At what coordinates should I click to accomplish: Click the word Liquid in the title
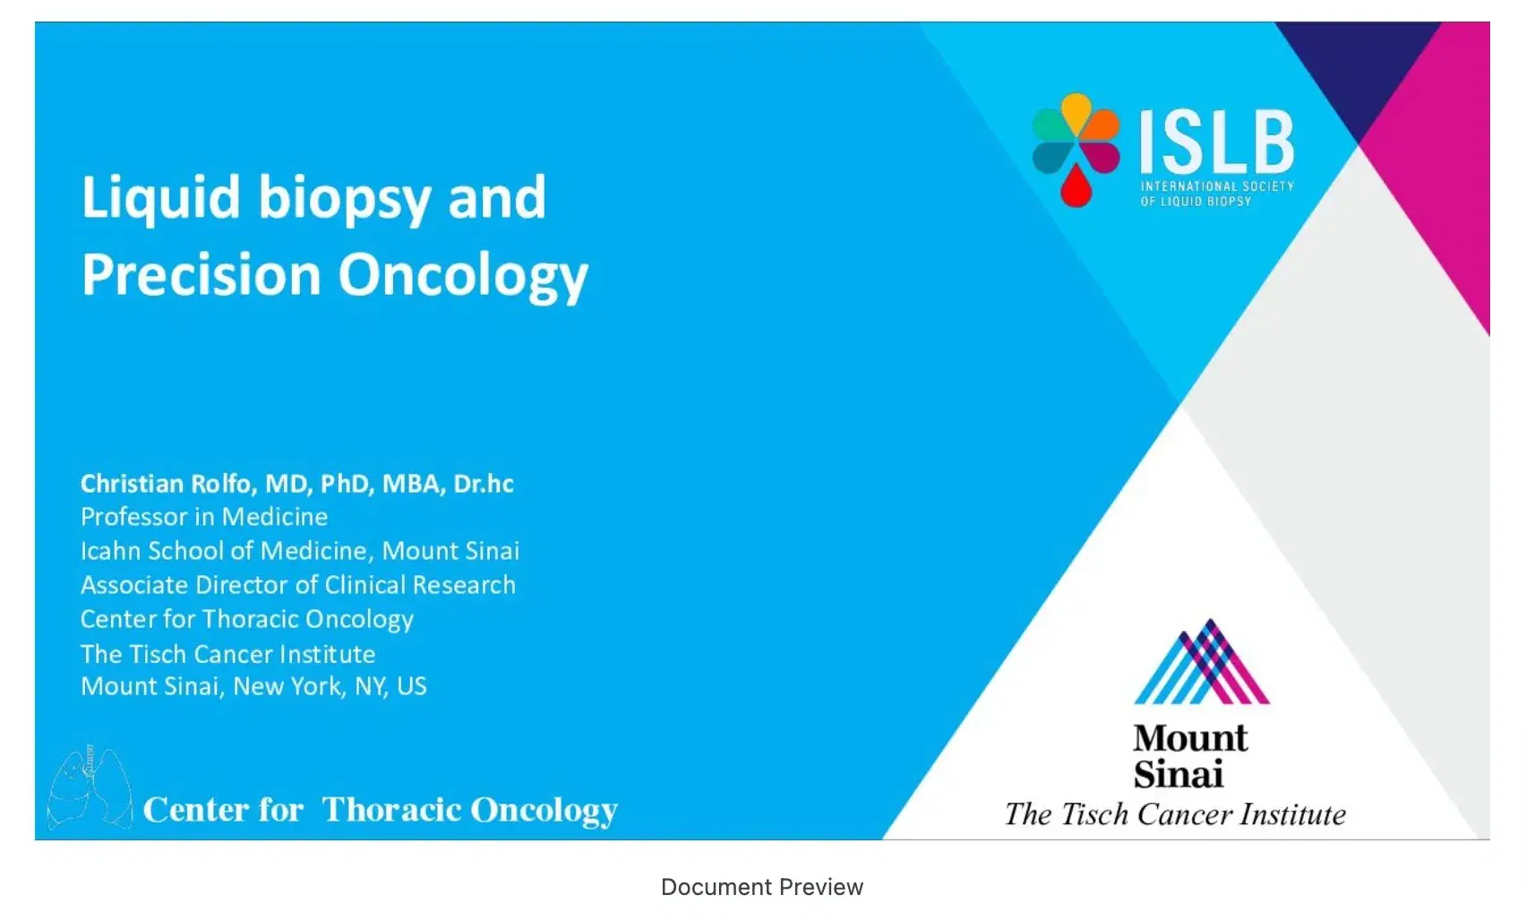tap(161, 198)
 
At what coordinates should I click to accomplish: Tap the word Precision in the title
tap(201, 274)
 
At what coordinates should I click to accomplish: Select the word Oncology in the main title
tap(463, 276)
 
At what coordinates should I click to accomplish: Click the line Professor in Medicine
tap(204, 517)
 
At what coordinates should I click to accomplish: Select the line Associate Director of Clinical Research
tap(298, 585)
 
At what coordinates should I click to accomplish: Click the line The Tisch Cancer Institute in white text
tap(227, 654)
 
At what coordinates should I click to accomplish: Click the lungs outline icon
tap(89, 788)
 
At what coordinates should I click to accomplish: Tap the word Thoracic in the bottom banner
tap(390, 810)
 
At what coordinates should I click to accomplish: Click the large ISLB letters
tap(1217, 142)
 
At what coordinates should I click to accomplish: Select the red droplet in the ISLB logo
tap(1076, 187)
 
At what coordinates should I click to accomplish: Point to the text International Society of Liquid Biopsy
tap(1216, 194)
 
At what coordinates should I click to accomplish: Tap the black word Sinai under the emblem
tap(1178, 774)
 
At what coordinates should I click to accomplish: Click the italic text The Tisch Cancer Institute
tap(1175, 814)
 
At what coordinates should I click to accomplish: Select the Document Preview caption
tap(762, 887)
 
